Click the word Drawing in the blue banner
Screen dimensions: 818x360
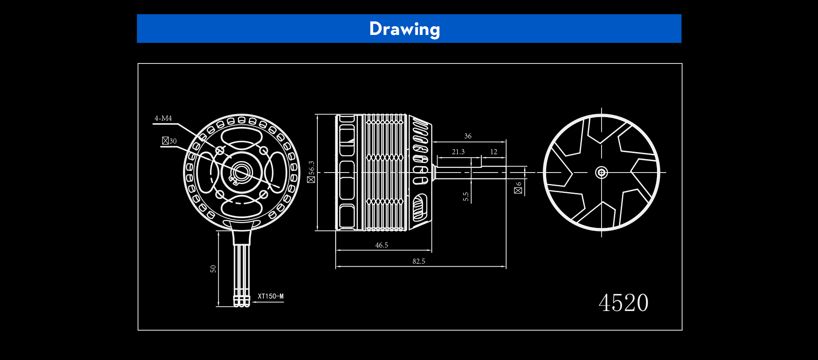point(404,29)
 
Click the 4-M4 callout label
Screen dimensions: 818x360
point(163,118)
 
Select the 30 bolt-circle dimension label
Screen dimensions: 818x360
point(169,141)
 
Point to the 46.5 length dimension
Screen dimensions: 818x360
point(382,245)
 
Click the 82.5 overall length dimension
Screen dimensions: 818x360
point(419,261)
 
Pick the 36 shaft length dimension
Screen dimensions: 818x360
point(468,136)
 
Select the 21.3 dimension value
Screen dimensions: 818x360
point(458,152)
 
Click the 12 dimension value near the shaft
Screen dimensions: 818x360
point(494,152)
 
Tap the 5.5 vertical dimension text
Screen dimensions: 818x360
point(466,196)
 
